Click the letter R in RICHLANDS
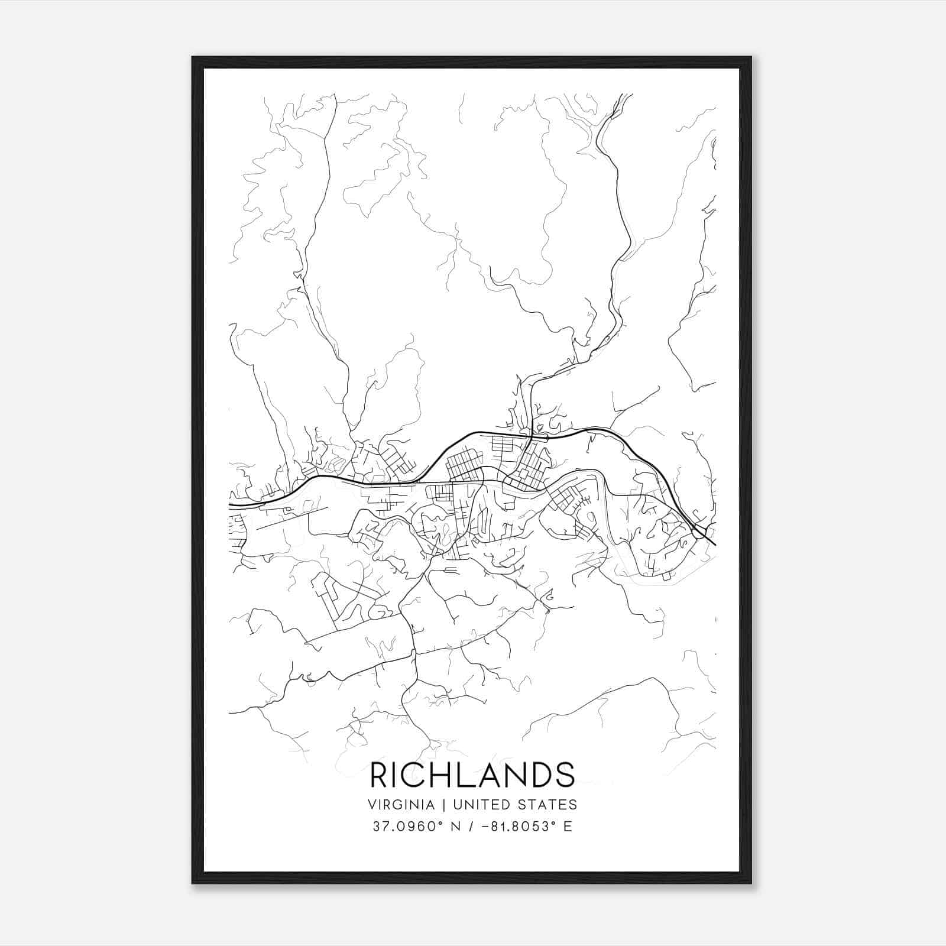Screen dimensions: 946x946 pos(380,775)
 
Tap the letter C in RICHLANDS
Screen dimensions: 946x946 pos(414,775)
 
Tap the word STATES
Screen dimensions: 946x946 pos(545,805)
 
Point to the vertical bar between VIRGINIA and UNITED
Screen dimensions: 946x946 pos(435,805)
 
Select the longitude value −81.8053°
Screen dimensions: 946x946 pos(516,827)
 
